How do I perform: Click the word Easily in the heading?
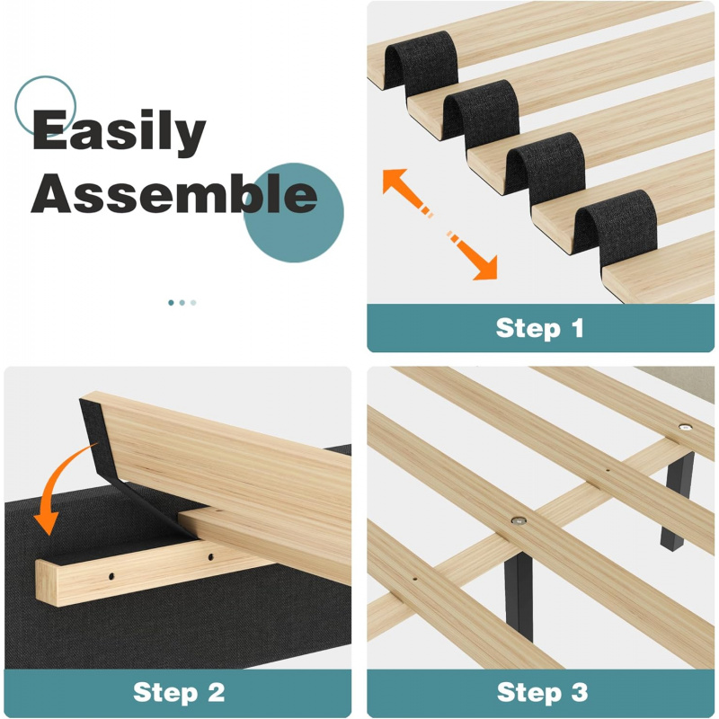point(119,131)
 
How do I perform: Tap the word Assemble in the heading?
point(173,194)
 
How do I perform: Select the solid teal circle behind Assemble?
point(293,213)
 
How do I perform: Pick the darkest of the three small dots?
point(171,303)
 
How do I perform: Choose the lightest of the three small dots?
point(193,303)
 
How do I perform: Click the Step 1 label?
point(539,328)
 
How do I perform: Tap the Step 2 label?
point(178,692)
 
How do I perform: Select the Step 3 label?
point(542,692)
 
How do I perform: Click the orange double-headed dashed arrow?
point(439,224)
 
